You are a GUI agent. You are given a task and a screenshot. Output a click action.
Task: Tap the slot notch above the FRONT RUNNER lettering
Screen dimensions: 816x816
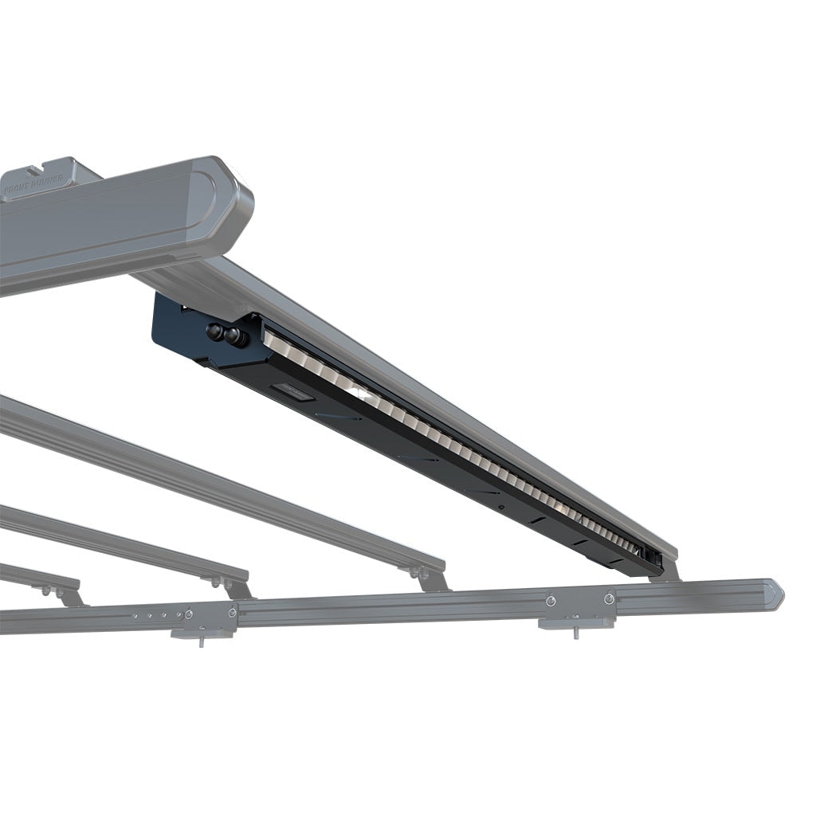[x=33, y=169]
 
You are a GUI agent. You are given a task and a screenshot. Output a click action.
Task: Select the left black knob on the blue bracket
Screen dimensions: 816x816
[x=215, y=331]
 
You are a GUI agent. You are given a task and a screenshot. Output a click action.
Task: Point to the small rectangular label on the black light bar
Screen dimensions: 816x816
[x=291, y=390]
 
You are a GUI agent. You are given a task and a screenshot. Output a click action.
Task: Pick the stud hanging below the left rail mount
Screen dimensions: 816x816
[x=202, y=641]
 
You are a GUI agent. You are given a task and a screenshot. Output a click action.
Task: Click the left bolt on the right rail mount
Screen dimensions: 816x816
[x=551, y=599]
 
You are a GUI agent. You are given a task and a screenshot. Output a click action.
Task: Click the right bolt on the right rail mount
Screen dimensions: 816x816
[x=609, y=598]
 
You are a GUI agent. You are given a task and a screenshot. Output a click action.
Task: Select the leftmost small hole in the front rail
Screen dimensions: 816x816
[x=135, y=615]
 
